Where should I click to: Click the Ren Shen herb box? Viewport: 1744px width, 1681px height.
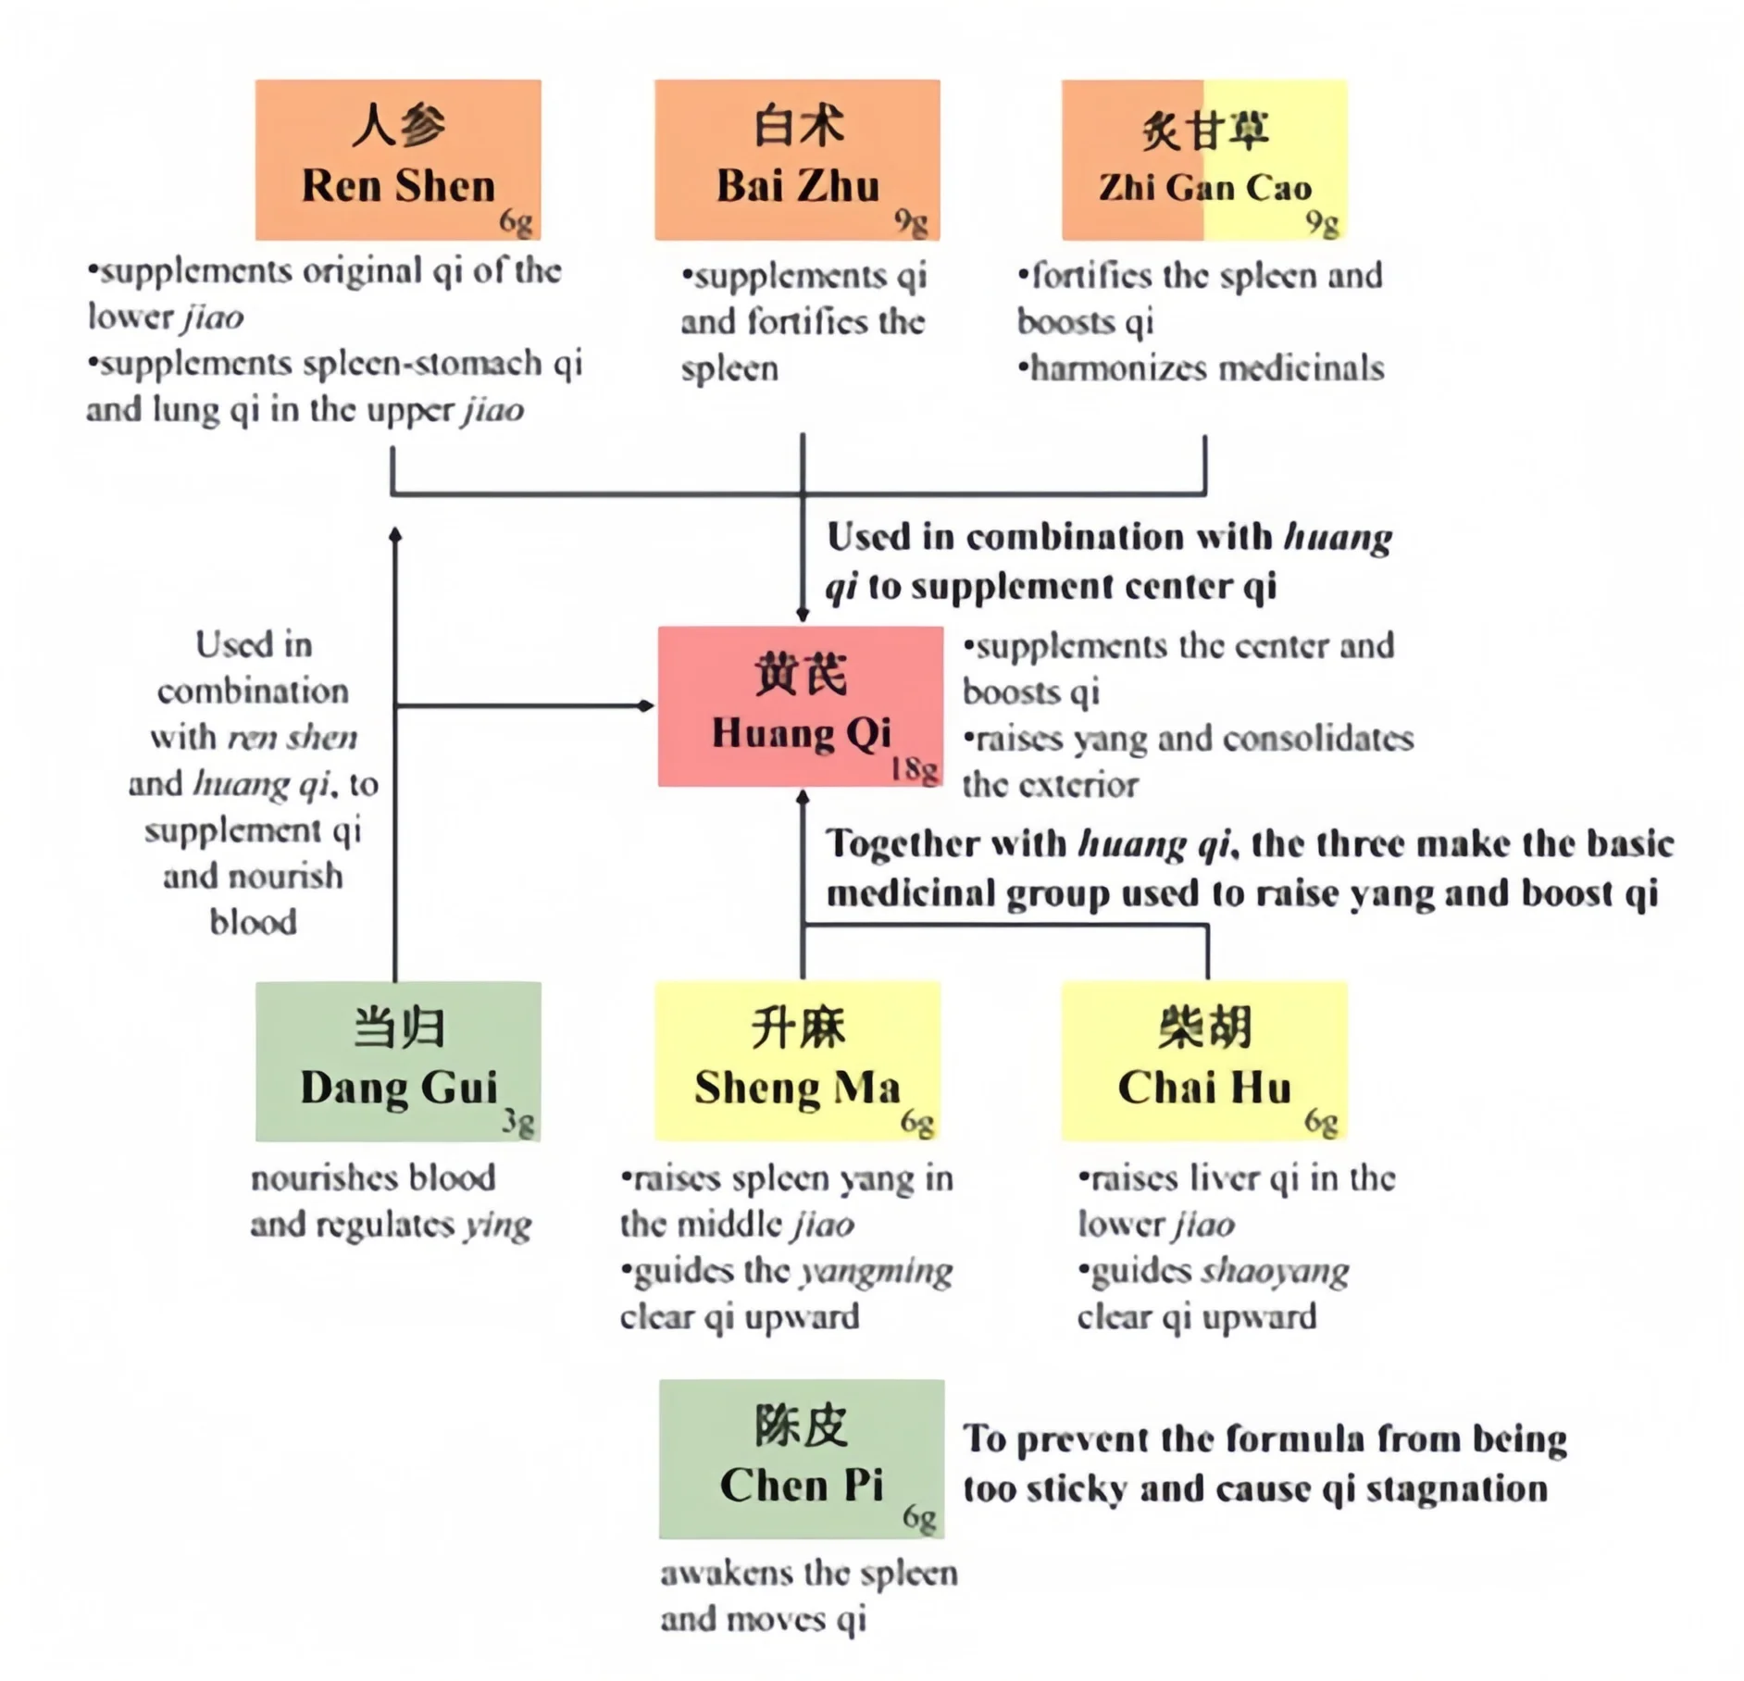(398, 159)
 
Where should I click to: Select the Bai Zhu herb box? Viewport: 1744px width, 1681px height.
(797, 159)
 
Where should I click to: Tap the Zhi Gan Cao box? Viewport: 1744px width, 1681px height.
(1203, 159)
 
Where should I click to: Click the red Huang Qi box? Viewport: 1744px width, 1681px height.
(801, 705)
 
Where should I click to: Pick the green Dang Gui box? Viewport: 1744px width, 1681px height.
(398, 1061)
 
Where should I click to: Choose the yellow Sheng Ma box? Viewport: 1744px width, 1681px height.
(797, 1061)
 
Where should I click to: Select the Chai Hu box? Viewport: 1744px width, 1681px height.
(1203, 1061)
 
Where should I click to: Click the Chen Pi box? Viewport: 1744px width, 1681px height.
(802, 1459)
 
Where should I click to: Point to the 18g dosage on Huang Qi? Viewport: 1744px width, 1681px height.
(915, 768)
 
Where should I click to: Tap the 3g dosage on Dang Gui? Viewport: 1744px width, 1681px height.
(518, 1122)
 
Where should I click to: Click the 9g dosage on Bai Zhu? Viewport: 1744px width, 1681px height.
(911, 222)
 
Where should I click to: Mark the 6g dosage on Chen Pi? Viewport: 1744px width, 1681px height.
(919, 1517)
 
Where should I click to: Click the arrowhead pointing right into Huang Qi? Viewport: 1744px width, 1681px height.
(646, 705)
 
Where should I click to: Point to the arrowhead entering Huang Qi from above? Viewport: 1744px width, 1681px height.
(803, 615)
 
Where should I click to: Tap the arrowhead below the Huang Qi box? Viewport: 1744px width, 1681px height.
(803, 796)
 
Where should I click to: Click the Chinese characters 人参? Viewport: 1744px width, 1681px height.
(398, 126)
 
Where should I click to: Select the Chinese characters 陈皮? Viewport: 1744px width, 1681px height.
(802, 1426)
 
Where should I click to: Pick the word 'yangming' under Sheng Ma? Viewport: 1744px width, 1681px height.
(876, 1271)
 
